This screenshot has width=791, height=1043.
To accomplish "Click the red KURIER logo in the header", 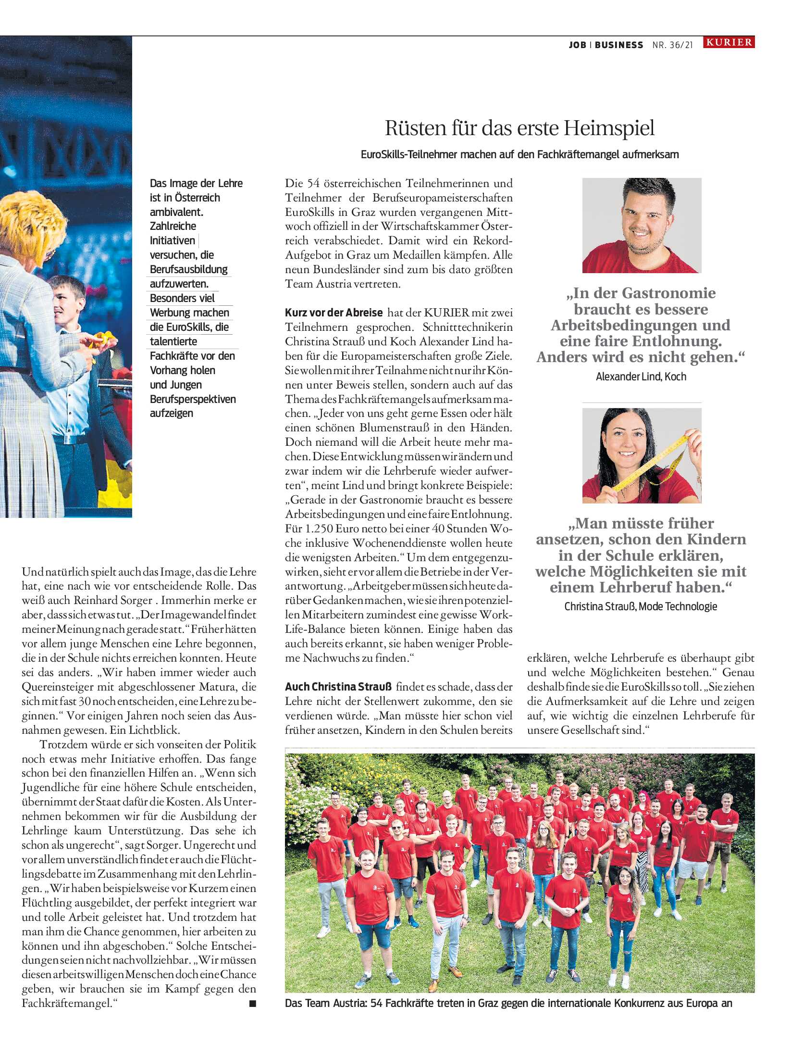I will click(729, 42).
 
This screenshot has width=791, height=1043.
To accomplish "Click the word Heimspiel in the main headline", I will click(609, 128).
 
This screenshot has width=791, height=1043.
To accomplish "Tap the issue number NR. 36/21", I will click(672, 45).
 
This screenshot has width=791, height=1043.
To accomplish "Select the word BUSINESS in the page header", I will click(618, 45).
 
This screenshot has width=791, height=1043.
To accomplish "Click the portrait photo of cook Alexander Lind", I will click(642, 225).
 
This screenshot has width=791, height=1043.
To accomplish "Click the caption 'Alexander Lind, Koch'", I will click(641, 377).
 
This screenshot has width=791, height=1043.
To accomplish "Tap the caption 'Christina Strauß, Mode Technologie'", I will click(641, 606).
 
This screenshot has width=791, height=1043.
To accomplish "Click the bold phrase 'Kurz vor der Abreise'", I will click(334, 313).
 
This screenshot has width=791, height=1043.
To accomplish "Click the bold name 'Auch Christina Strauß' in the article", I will click(338, 687).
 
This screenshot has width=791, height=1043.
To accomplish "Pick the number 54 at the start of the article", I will click(313, 183).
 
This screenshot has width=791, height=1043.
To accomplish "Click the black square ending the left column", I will click(252, 1004).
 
